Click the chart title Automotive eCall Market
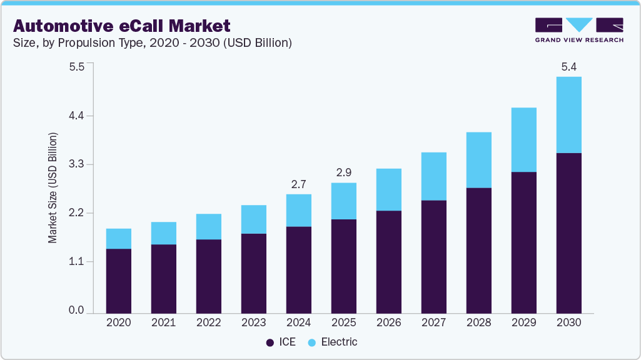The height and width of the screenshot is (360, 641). pos(122,26)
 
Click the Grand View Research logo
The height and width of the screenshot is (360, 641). pos(578,31)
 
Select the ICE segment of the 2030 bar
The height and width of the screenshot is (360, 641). pos(568,232)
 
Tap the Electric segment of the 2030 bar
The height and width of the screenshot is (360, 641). pos(568,115)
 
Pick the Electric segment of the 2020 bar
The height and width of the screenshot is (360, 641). pos(119,239)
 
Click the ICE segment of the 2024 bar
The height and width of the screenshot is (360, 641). pos(299,269)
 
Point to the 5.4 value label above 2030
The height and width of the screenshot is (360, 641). pos(568,67)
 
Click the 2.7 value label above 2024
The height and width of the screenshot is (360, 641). pos(299,184)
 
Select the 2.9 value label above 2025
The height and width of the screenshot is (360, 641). pos(344,173)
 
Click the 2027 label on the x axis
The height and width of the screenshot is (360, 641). pos(433,323)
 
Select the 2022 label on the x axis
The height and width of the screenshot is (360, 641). pos(209,323)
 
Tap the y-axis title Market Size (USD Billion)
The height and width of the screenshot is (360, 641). pos(53,187)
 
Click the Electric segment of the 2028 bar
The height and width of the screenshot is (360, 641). pos(478,160)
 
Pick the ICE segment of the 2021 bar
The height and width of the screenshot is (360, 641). pos(164,278)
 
